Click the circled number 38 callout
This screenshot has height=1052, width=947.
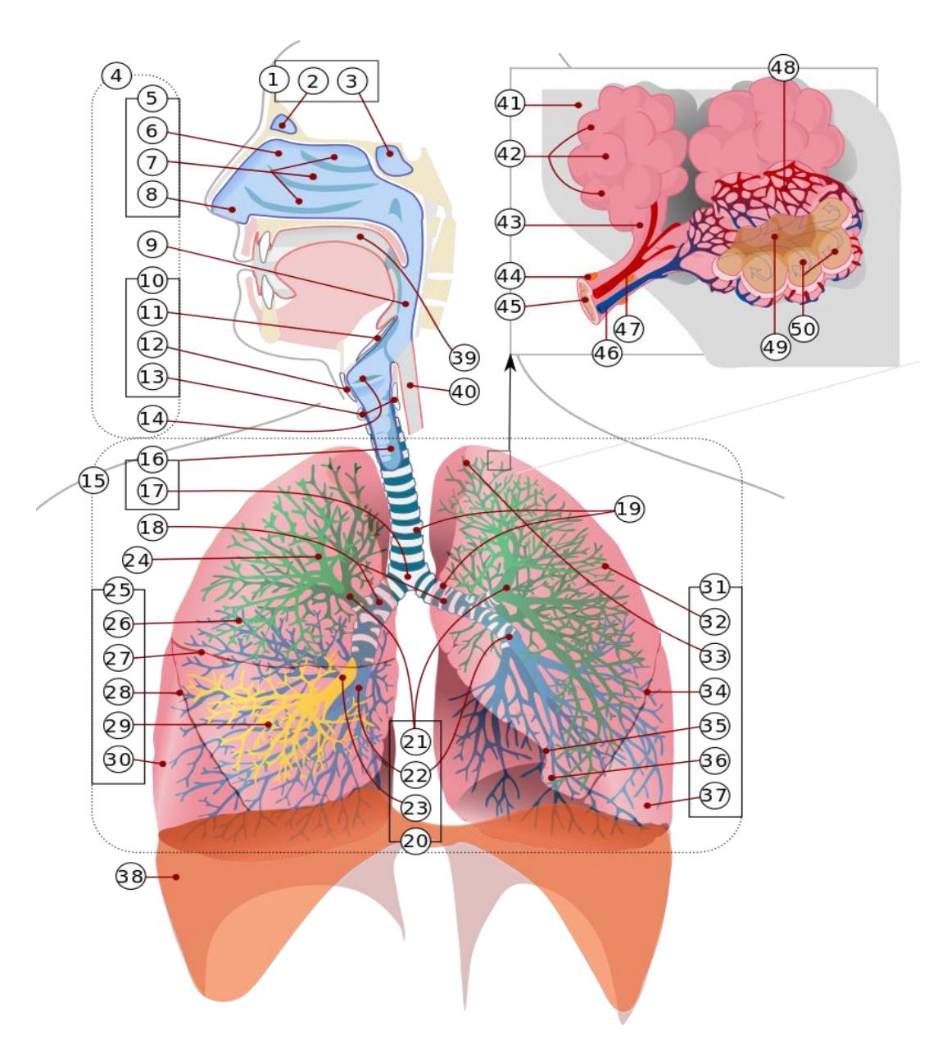[x=130, y=876]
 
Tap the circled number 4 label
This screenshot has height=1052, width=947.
[x=116, y=75]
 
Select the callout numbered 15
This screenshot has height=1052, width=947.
[x=93, y=480]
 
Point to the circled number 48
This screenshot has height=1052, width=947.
[x=783, y=68]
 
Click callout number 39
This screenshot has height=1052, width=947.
[x=464, y=358]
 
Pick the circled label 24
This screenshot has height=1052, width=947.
[x=138, y=560]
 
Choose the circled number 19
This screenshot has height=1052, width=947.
[x=629, y=509]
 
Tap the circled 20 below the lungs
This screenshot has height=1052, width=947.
[x=415, y=841]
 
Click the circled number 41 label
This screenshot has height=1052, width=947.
[x=510, y=103]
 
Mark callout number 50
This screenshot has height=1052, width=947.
[x=804, y=329]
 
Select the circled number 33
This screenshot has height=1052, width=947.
[x=714, y=656]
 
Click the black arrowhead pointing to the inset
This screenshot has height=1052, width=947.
[x=510, y=362]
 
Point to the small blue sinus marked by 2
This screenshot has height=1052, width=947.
[x=283, y=124]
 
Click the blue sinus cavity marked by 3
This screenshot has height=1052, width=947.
[x=394, y=161]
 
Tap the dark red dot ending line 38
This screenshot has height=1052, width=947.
[x=176, y=877]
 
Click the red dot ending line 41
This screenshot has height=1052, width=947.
[x=578, y=105]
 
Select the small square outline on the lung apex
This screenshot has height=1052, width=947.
[x=499, y=460]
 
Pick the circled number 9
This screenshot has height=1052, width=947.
[x=152, y=245]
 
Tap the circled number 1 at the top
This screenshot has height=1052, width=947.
[x=274, y=79]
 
